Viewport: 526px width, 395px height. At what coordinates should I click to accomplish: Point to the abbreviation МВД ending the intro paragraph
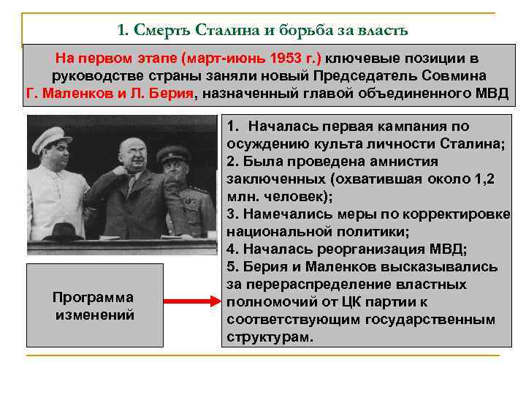(x=491, y=94)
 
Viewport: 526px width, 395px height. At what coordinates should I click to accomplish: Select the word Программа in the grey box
(x=94, y=297)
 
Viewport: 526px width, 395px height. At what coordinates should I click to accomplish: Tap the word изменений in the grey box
(x=94, y=315)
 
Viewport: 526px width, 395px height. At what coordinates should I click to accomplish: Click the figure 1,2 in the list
(x=491, y=179)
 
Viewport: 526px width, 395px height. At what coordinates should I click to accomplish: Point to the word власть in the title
(x=385, y=31)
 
